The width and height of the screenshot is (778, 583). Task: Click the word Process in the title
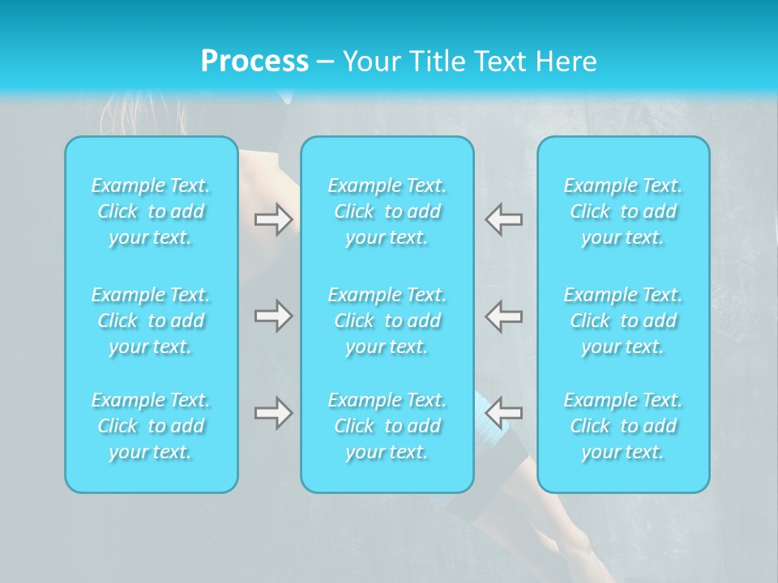pyautogui.click(x=254, y=62)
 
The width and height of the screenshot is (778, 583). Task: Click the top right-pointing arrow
pyautogui.click(x=273, y=219)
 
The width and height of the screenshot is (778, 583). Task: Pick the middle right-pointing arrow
pyautogui.click(x=273, y=316)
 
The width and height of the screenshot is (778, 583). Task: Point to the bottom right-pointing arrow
pyautogui.click(x=273, y=413)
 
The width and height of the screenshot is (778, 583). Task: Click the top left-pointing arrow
pyautogui.click(x=504, y=219)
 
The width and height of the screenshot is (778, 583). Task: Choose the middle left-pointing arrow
pyautogui.click(x=504, y=316)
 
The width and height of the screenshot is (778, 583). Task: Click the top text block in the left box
pyautogui.click(x=151, y=211)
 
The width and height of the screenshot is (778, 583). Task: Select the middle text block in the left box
pyautogui.click(x=151, y=321)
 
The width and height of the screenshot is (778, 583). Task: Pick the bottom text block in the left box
pyautogui.click(x=151, y=426)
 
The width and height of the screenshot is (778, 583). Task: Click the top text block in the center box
pyautogui.click(x=387, y=211)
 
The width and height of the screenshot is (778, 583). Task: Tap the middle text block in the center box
pyautogui.click(x=387, y=321)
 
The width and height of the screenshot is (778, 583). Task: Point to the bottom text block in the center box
pyautogui.click(x=387, y=426)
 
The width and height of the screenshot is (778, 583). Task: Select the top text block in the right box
pyautogui.click(x=623, y=211)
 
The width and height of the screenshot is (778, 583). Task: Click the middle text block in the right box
pyautogui.click(x=623, y=321)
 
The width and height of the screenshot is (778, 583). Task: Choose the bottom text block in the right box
pyautogui.click(x=623, y=426)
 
